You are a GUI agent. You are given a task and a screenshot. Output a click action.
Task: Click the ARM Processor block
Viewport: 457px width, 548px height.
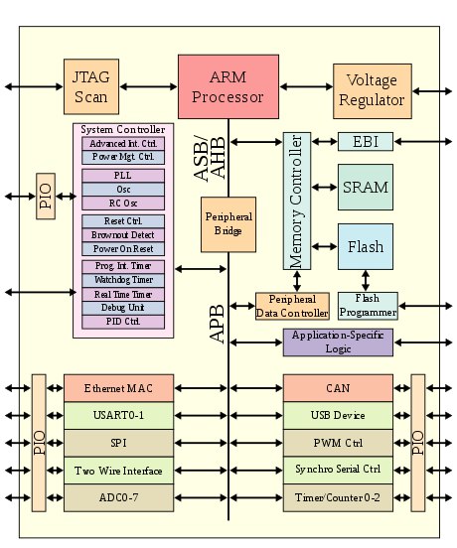228,86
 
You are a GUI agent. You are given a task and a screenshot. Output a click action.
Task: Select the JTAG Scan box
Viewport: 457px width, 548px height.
91,86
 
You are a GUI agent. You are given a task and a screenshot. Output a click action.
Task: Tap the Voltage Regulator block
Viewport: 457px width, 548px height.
373,91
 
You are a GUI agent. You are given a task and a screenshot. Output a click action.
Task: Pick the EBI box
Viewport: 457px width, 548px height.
366,142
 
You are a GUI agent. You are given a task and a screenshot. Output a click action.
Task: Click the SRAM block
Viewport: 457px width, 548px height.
366,188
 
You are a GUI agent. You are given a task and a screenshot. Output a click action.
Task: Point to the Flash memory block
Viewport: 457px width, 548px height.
366,247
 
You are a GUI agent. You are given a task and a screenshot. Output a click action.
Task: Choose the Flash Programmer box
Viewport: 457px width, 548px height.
368,306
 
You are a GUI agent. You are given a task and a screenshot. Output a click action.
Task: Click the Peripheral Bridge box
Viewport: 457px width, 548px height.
228,224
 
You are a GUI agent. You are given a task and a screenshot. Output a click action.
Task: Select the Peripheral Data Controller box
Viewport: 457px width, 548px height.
292,306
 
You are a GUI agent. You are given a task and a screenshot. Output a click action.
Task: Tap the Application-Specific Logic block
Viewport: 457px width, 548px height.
338,342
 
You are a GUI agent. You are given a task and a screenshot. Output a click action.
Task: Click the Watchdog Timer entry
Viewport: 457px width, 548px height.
123,280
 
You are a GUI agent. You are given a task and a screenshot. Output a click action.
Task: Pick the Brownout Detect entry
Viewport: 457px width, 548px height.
123,235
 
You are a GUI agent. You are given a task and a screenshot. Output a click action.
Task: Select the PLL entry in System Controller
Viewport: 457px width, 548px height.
123,176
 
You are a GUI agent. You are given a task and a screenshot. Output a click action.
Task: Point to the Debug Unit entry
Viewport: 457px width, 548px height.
123,308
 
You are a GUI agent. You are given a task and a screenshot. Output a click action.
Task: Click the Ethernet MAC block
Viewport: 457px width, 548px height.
118,388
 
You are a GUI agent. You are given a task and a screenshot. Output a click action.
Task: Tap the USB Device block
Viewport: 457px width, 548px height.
338,416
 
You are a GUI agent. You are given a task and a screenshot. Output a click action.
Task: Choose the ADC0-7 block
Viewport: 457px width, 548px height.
118,497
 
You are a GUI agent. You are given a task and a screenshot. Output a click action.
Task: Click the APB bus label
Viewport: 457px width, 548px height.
217,324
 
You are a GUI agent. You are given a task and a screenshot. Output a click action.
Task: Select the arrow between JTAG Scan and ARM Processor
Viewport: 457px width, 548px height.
149,86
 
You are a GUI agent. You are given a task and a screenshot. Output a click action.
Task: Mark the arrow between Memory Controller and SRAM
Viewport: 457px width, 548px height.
325,188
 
